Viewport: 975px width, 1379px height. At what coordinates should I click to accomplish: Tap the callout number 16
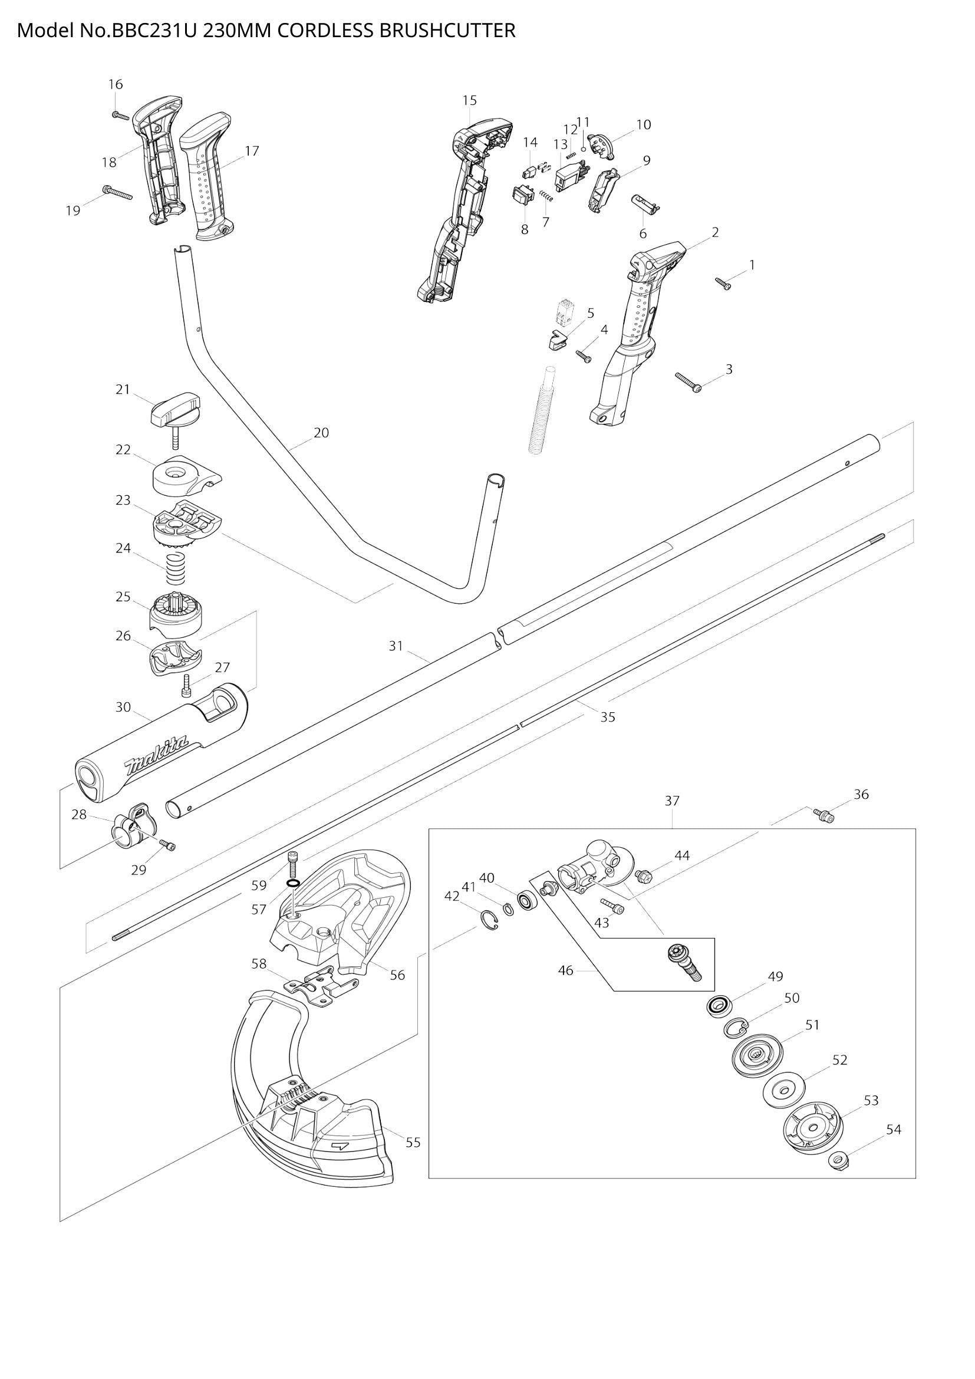point(116,84)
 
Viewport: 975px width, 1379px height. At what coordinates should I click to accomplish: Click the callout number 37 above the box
point(672,801)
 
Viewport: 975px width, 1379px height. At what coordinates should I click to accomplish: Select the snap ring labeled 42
point(489,921)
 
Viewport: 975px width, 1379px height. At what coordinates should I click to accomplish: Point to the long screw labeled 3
point(689,382)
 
